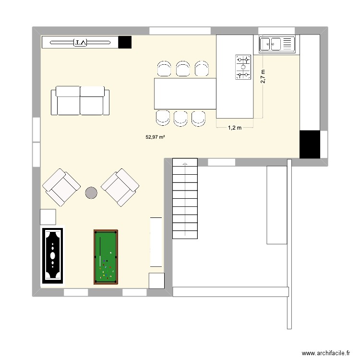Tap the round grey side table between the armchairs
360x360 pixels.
pos(91,193)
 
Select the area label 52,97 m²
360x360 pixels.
pos(156,137)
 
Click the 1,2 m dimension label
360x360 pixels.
pos(234,128)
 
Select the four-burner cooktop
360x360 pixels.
pos(243,67)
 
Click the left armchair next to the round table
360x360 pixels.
pos(61,187)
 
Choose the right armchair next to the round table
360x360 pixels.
pos(120,187)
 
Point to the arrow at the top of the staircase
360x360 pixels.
pos(185,165)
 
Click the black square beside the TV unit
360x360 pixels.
pos(125,42)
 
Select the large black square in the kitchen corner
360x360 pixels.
pos(309,144)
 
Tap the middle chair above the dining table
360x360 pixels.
pos(182,69)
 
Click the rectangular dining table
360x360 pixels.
pos(185,94)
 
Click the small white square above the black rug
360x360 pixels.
pos(48,217)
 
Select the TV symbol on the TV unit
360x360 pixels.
pos(80,42)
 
